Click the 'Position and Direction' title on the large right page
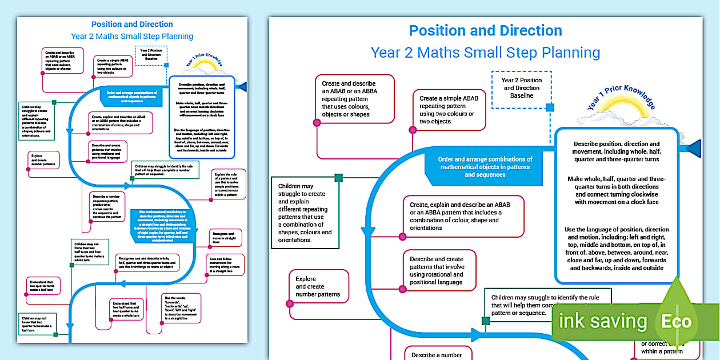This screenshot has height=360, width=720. [485, 31]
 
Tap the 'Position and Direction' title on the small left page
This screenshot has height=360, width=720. [132, 25]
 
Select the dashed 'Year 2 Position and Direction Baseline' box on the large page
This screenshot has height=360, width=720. [521, 89]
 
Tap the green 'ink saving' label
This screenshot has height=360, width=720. [603, 321]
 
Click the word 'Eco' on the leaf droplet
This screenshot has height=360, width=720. [676, 321]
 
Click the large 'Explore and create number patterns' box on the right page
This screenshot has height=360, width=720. [318, 287]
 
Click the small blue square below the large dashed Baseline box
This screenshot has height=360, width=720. [550, 107]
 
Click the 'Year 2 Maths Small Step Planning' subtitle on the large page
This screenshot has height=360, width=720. [485, 53]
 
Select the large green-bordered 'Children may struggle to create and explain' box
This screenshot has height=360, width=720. [304, 213]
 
